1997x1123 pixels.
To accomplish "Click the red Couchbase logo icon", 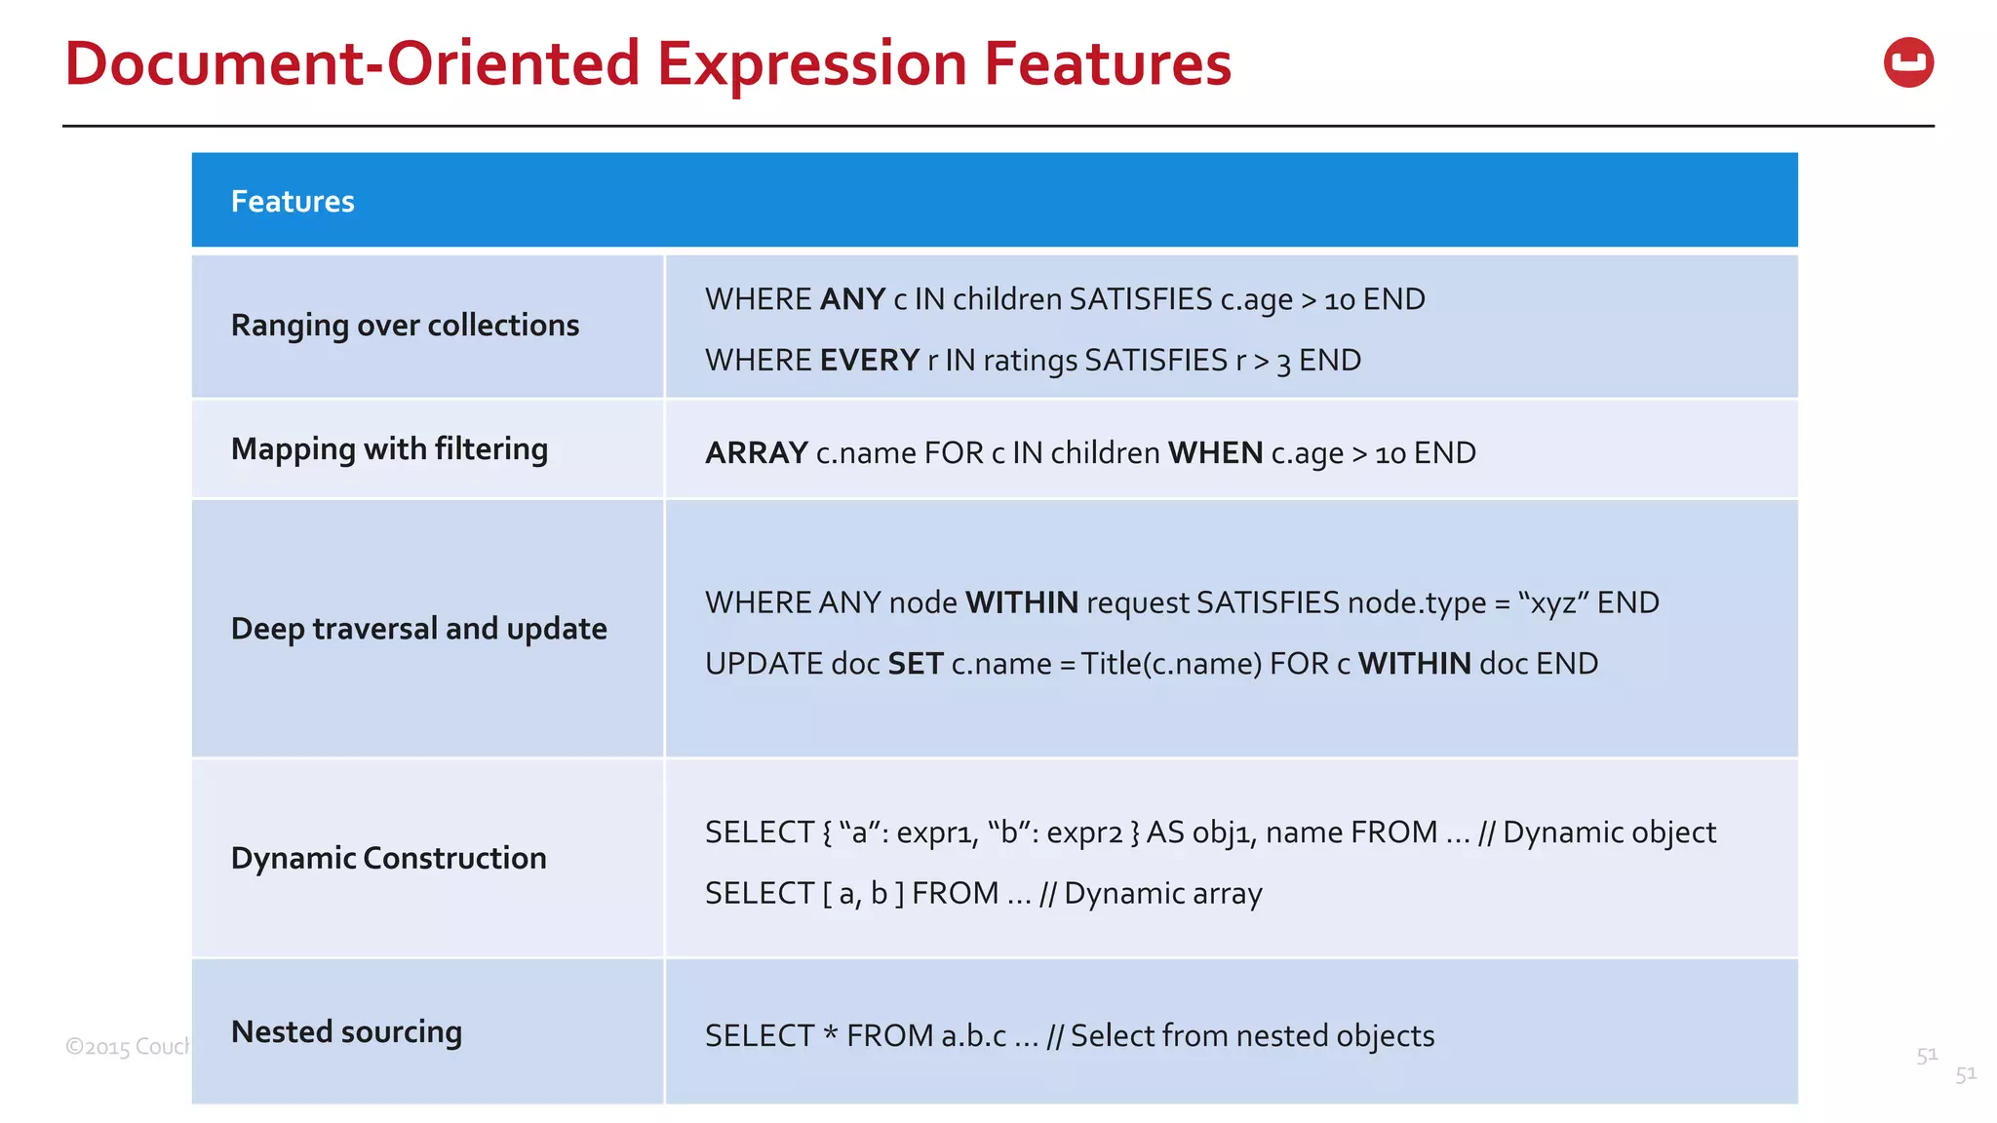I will [x=1908, y=63].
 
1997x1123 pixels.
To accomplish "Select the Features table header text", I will [x=293, y=202].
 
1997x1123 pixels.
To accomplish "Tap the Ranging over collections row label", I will [x=405, y=326].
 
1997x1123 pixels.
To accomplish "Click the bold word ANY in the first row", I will [x=852, y=299].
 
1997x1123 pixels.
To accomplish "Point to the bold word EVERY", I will [x=869, y=361].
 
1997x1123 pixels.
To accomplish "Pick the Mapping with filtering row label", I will [x=389, y=449].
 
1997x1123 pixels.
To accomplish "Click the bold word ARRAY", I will [x=756, y=453].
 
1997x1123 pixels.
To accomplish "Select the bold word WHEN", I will [x=1215, y=453].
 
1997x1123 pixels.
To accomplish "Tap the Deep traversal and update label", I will [x=418, y=629].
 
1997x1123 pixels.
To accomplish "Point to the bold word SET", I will [x=915, y=664].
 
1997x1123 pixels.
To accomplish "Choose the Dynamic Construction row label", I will [x=388, y=859].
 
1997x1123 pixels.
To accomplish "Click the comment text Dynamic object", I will [x=1609, y=833].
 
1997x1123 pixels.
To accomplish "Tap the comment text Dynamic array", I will [x=1162, y=894].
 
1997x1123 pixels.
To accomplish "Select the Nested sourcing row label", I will [x=346, y=1032].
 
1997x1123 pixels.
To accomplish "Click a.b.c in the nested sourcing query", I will [x=973, y=1036].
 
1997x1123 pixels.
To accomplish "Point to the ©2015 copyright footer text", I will [x=128, y=1047].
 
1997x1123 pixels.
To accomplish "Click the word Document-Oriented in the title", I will [x=352, y=64].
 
